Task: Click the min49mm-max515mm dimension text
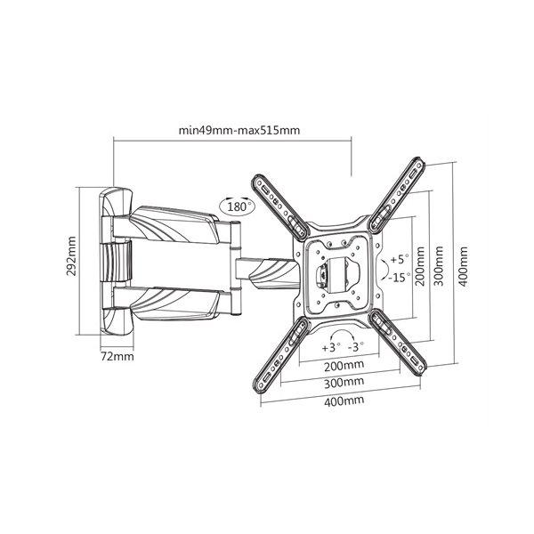coord(239,130)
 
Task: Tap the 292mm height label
coord(71,255)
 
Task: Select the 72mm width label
coord(117,357)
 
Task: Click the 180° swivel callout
coord(238,206)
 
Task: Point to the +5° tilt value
coord(399,259)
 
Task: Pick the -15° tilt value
coord(398,278)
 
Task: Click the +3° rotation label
coord(331,348)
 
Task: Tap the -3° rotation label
coord(356,347)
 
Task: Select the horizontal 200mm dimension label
coord(344,366)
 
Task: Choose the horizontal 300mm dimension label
coord(344,383)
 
